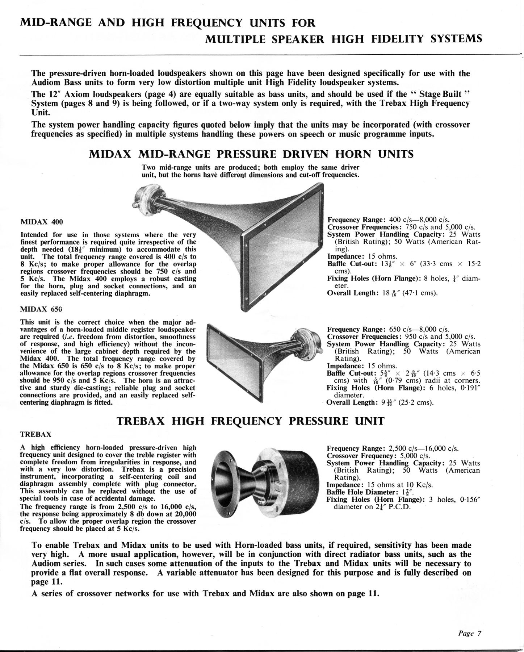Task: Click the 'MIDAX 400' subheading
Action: [x=37, y=221]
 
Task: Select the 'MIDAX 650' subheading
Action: [x=37, y=309]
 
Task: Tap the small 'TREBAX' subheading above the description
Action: [x=35, y=434]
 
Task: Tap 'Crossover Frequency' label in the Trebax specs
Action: [x=359, y=456]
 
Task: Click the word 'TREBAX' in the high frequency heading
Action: [x=141, y=421]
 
